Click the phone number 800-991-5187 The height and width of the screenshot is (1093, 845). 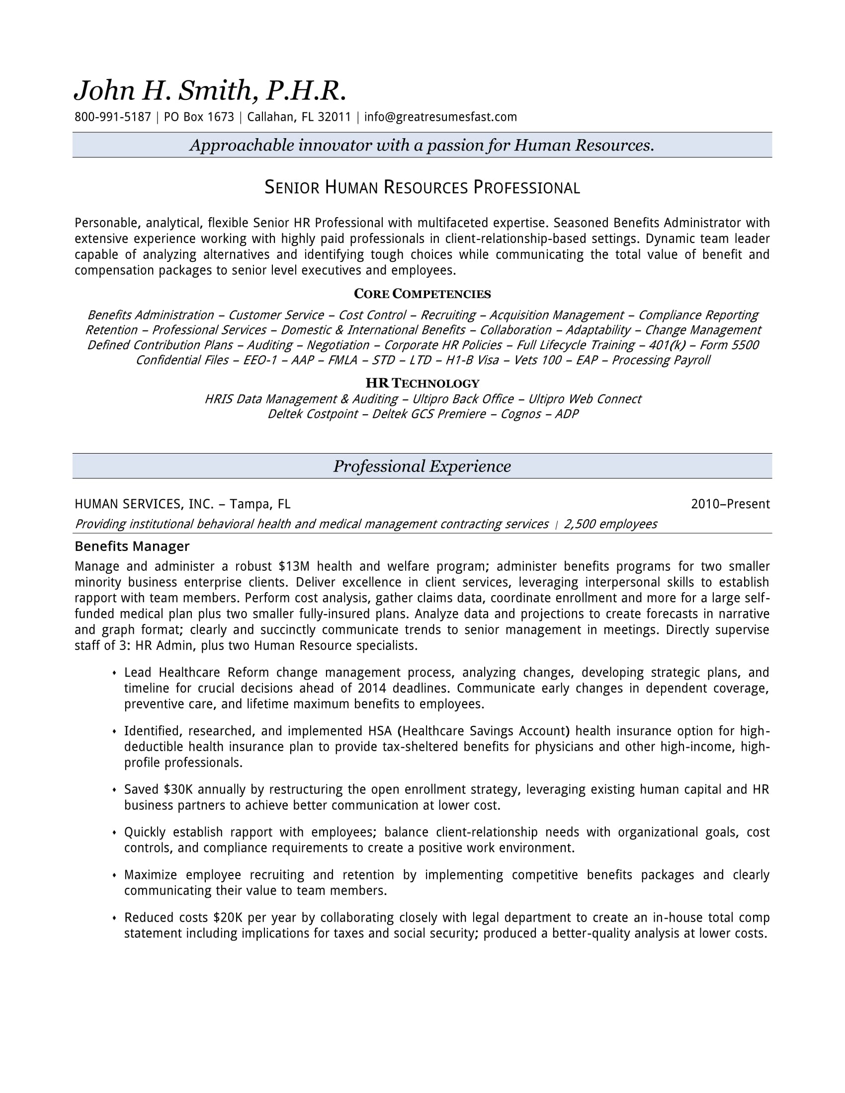pos(113,117)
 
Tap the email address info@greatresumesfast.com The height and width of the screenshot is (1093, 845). pos(440,117)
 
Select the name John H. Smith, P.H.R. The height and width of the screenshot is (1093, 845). pos(210,90)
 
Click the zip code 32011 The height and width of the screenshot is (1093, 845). pos(335,117)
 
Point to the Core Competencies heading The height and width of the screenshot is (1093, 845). pos(422,294)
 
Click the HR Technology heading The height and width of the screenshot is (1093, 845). pos(422,384)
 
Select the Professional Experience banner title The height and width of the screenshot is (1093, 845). pos(422,466)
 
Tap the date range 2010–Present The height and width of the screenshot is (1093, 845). pos(730,504)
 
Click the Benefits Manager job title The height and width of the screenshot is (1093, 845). pos(132,546)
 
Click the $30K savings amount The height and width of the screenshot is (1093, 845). pos(178,789)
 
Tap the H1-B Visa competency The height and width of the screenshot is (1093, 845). pos(472,360)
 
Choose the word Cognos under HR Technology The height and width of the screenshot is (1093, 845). pos(520,414)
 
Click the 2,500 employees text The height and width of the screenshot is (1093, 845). pos(610,524)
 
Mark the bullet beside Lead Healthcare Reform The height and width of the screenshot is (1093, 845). pos(114,673)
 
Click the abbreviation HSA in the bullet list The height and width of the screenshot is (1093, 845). pos(380,731)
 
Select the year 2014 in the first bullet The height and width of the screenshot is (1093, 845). pos(372,688)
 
